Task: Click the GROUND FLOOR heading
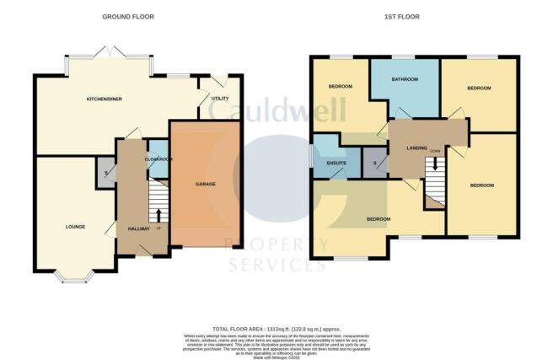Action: click(128, 17)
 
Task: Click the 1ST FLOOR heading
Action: click(413, 17)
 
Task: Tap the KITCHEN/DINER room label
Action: click(105, 99)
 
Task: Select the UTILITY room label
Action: click(220, 99)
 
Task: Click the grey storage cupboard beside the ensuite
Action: click(373, 163)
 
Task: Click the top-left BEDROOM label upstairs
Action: click(341, 87)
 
